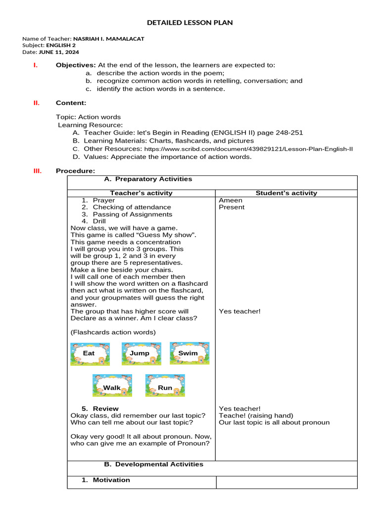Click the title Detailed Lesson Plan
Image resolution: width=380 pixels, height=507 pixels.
pyautogui.click(x=190, y=23)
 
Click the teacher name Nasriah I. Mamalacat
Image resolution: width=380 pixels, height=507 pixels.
pyautogui.click(x=108, y=39)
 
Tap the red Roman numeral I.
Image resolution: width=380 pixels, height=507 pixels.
pyautogui.click(x=35, y=65)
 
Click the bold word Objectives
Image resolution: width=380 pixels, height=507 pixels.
pyautogui.click(x=76, y=65)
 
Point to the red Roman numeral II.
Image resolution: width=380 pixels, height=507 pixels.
pyautogui.click(x=36, y=103)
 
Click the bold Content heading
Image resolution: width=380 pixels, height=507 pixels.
pyautogui.click(x=71, y=103)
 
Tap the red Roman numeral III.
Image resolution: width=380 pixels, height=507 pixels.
pyautogui.click(x=37, y=171)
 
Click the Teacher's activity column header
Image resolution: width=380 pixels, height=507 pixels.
pyautogui.click(x=141, y=193)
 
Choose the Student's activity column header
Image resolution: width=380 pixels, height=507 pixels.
pyautogui.click(x=286, y=193)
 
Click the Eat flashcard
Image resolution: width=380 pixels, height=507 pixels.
pyautogui.click(x=90, y=354)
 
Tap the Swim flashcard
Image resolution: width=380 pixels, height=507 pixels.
pyautogui.click(x=189, y=353)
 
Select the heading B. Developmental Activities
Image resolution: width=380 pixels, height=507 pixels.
pyautogui.click(x=153, y=464)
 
